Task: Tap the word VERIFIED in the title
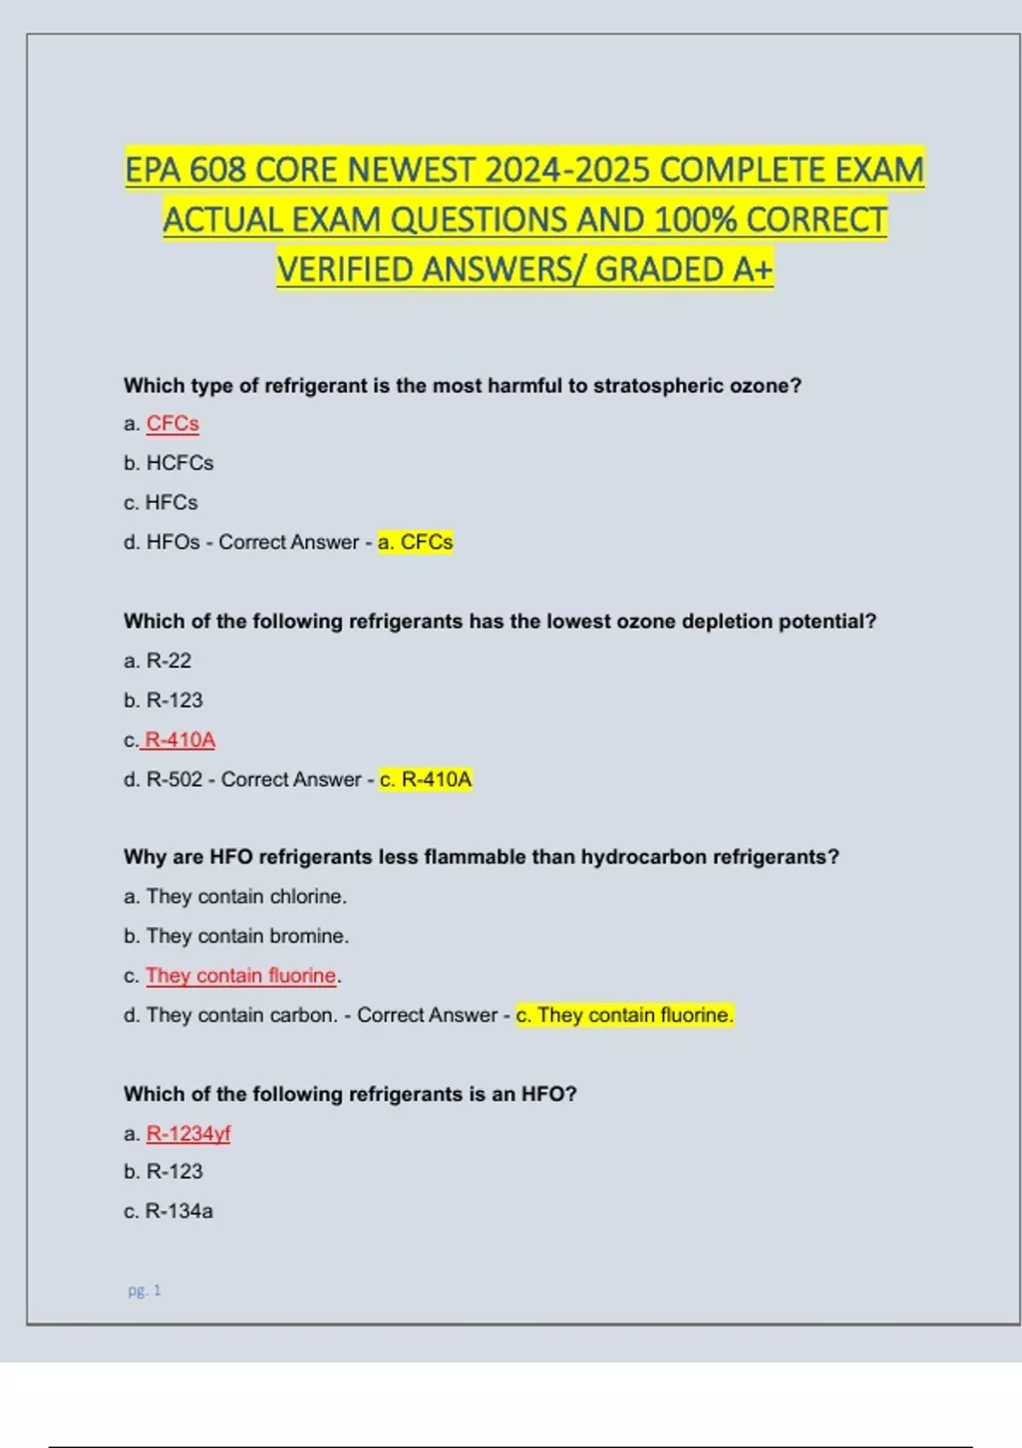tap(345, 270)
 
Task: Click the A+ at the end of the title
tap(752, 270)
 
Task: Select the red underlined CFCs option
tap(173, 423)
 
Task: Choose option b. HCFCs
tap(169, 463)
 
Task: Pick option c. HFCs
tap(161, 503)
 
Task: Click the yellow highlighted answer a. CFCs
tap(416, 542)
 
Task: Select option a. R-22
tap(158, 660)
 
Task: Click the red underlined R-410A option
tap(180, 739)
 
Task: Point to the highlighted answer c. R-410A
tap(426, 779)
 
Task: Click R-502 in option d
tap(174, 779)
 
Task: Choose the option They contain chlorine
tap(246, 896)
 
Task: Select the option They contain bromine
tap(247, 935)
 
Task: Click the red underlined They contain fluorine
tap(241, 975)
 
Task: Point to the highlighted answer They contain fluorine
tap(625, 1015)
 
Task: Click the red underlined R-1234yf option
tap(188, 1134)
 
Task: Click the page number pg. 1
tap(144, 1290)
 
